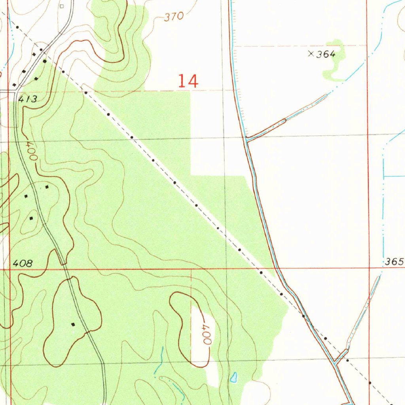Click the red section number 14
(x=187, y=81)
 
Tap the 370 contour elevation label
(x=174, y=17)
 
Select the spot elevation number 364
(x=326, y=54)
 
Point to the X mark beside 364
(x=311, y=54)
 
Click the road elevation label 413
(x=28, y=99)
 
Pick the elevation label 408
(x=23, y=263)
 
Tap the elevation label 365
(x=394, y=262)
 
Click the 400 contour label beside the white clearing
(x=206, y=336)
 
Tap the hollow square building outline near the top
(x=61, y=6)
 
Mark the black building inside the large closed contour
(x=73, y=324)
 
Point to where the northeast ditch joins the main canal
(x=246, y=138)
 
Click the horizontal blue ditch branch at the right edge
(x=394, y=176)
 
